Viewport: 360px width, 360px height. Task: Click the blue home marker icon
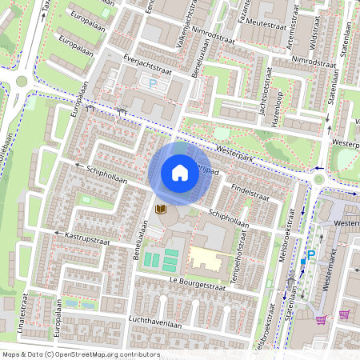180,172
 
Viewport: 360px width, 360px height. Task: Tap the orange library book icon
160,209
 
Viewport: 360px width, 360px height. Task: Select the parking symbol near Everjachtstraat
153,82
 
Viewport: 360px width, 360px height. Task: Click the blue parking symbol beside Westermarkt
311,254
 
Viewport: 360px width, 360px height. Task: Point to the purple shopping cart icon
322,319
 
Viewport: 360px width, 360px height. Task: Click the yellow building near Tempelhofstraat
209,258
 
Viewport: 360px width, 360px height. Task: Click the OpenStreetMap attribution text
80,354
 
